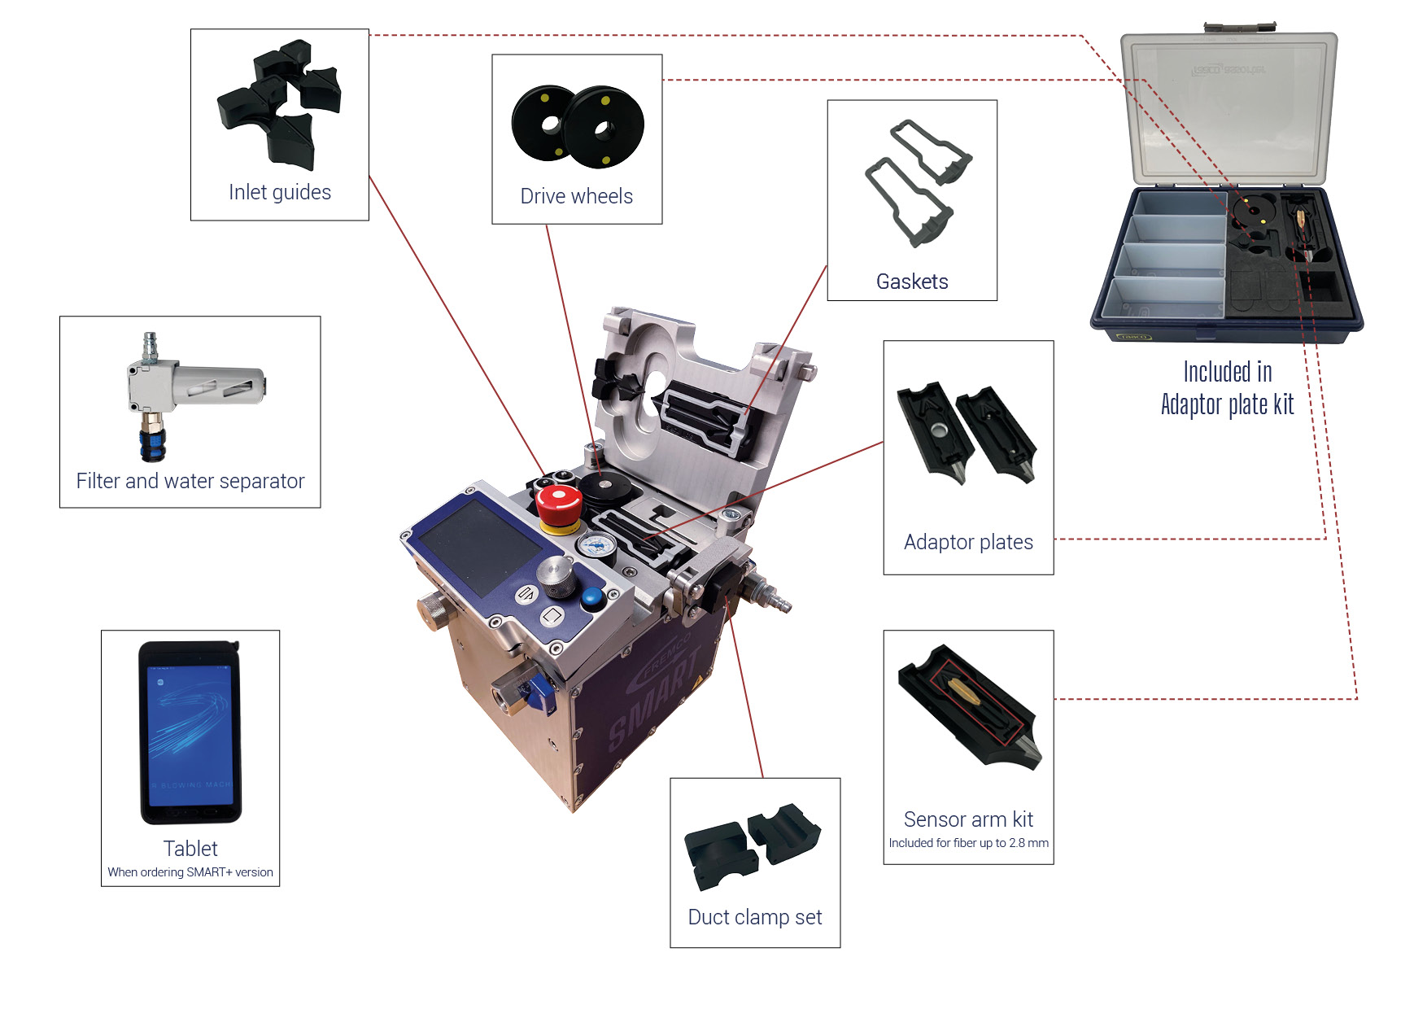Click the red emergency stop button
coord(559,506)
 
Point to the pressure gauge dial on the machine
coord(598,544)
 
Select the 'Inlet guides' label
coord(280,192)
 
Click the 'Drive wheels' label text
coord(577,196)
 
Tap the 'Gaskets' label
coord(912,282)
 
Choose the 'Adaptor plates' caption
coord(968,542)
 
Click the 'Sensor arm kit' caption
coord(968,819)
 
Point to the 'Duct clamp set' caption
coord(755,917)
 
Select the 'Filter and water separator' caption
coord(190,481)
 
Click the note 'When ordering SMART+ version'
coord(190,872)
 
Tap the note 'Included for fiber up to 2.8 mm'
coord(968,843)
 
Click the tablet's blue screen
coord(190,732)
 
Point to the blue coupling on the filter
coord(153,444)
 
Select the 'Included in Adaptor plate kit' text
coord(1228,388)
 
